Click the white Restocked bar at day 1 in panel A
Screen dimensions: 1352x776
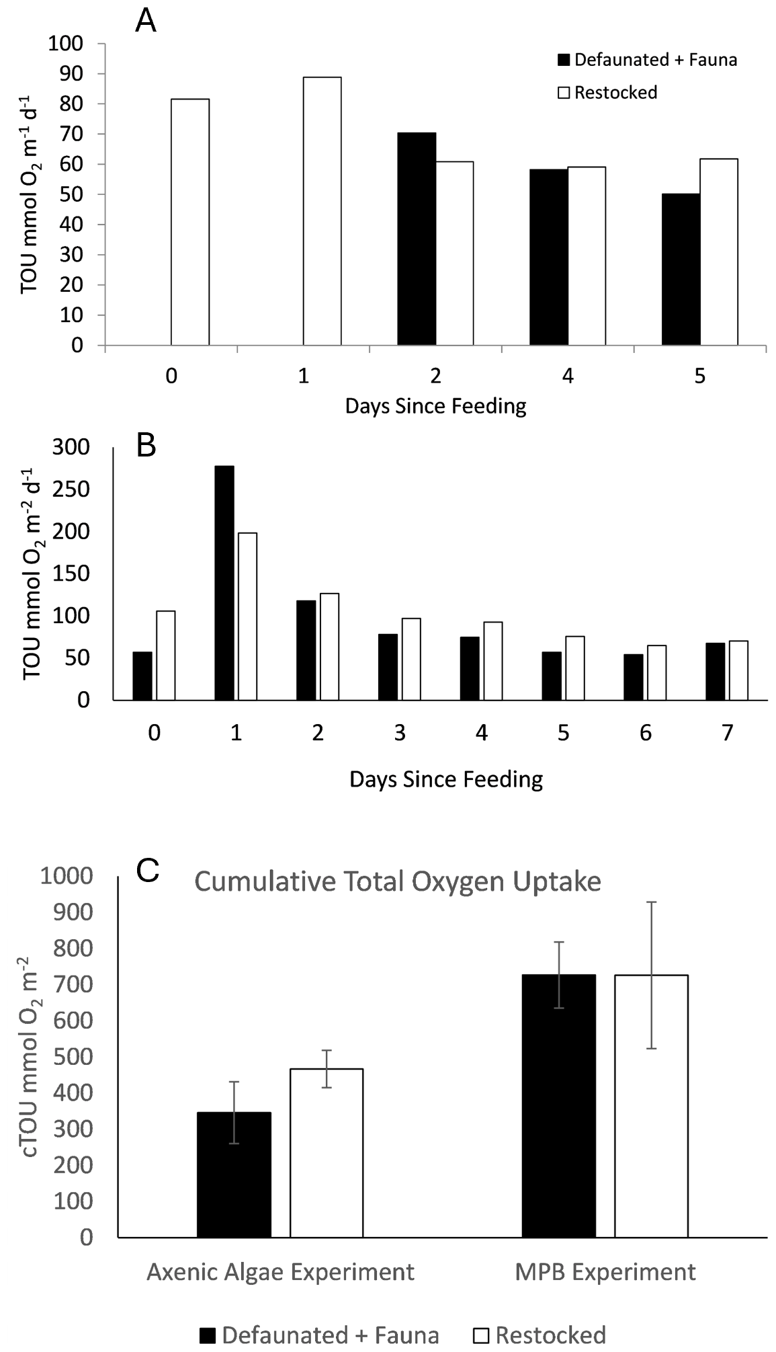tap(322, 211)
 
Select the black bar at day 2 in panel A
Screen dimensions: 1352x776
tap(417, 239)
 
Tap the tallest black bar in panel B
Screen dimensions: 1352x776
tap(224, 582)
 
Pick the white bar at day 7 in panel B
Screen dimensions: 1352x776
tap(738, 670)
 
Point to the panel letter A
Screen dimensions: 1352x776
tap(146, 22)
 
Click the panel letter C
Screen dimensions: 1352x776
tap(147, 871)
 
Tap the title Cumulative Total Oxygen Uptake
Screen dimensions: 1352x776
tap(398, 881)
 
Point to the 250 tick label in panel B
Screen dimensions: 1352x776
tap(71, 489)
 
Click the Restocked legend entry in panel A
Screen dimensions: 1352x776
tap(608, 93)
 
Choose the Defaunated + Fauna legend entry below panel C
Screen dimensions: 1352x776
tap(320, 1335)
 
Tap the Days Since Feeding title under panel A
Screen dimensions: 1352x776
tap(435, 407)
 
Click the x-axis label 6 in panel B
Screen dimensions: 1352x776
tap(645, 733)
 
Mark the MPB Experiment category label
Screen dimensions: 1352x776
tap(605, 1272)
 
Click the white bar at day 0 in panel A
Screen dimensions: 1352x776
tap(190, 222)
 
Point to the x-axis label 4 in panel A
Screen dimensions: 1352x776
tap(568, 376)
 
